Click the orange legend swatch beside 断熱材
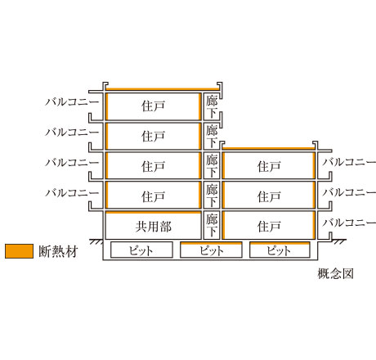(19, 251)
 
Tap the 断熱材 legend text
(59, 251)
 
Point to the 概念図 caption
(335, 273)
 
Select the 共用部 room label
(154, 227)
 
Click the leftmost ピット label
(141, 250)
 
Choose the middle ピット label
(211, 250)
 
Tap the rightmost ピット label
(279, 250)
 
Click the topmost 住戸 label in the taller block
(154, 106)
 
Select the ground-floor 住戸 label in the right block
(269, 227)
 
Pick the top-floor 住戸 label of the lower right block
(269, 166)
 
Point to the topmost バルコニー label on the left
(72, 102)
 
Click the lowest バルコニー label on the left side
(72, 193)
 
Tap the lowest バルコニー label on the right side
(349, 223)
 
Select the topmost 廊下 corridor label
(212, 106)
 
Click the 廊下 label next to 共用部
(212, 225)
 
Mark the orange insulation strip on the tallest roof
(163, 89)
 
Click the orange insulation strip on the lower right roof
(268, 149)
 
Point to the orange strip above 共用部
(154, 212)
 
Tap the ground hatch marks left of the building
(96, 241)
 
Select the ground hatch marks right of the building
(339, 241)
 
